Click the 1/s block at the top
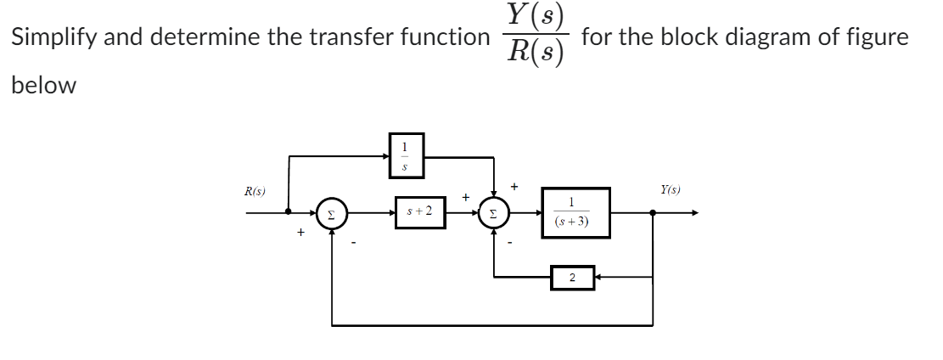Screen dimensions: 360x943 click(x=405, y=155)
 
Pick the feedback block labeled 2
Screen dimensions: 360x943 click(x=572, y=277)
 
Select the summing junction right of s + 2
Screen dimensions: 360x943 click(x=494, y=213)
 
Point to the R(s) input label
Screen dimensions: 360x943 click(x=254, y=192)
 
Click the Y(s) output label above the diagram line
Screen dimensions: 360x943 click(x=671, y=190)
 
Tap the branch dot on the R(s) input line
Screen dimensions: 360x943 click(x=289, y=213)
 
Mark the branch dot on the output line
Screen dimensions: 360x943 click(x=652, y=213)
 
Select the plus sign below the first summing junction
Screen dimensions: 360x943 click(x=300, y=232)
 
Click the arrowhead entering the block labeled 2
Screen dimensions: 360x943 click(x=598, y=277)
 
